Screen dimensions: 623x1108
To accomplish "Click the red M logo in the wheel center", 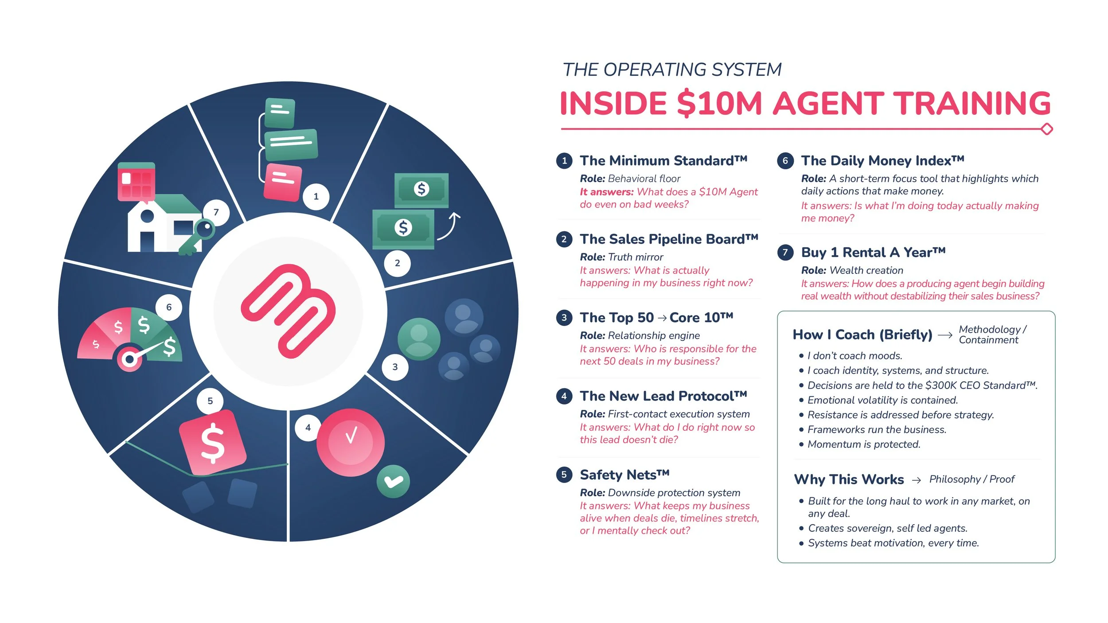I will pos(288,311).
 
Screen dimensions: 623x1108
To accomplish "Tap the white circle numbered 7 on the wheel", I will pos(216,212).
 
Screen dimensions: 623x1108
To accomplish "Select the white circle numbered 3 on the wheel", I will pos(395,367).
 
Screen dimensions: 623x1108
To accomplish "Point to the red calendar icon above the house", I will pos(137,182).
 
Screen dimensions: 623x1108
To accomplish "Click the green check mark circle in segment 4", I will pos(393,481).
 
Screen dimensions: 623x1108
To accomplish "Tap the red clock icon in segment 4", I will pos(351,442).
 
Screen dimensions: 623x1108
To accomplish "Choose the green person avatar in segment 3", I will pos(419,339).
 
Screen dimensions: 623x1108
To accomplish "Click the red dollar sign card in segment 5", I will pos(213,442).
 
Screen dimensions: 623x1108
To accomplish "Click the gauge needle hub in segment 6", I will pos(129,359).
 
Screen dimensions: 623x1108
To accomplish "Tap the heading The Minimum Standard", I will pos(663,160).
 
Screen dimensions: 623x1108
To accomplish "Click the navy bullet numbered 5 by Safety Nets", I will pos(564,475).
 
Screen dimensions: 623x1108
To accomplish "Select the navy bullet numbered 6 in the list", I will pos(785,160).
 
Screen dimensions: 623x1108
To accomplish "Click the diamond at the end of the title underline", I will pos(1047,129).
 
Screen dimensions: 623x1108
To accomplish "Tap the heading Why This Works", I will pos(849,479).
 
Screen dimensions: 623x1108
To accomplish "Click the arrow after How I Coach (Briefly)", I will pos(945,335).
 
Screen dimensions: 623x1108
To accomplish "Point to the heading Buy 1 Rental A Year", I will pos(873,253).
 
